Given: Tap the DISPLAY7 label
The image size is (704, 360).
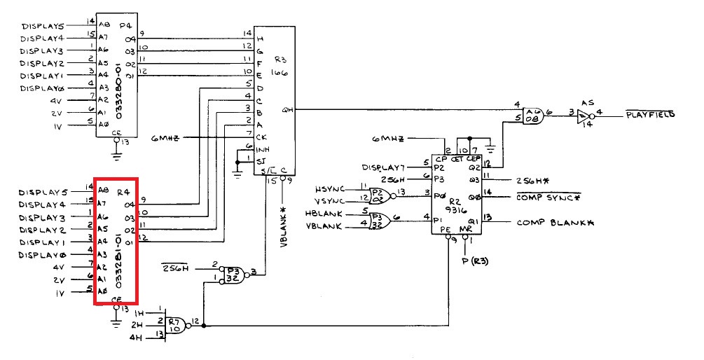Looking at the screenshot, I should pyautogui.click(x=384, y=167).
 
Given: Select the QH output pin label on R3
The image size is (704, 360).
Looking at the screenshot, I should pyautogui.click(x=287, y=109).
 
